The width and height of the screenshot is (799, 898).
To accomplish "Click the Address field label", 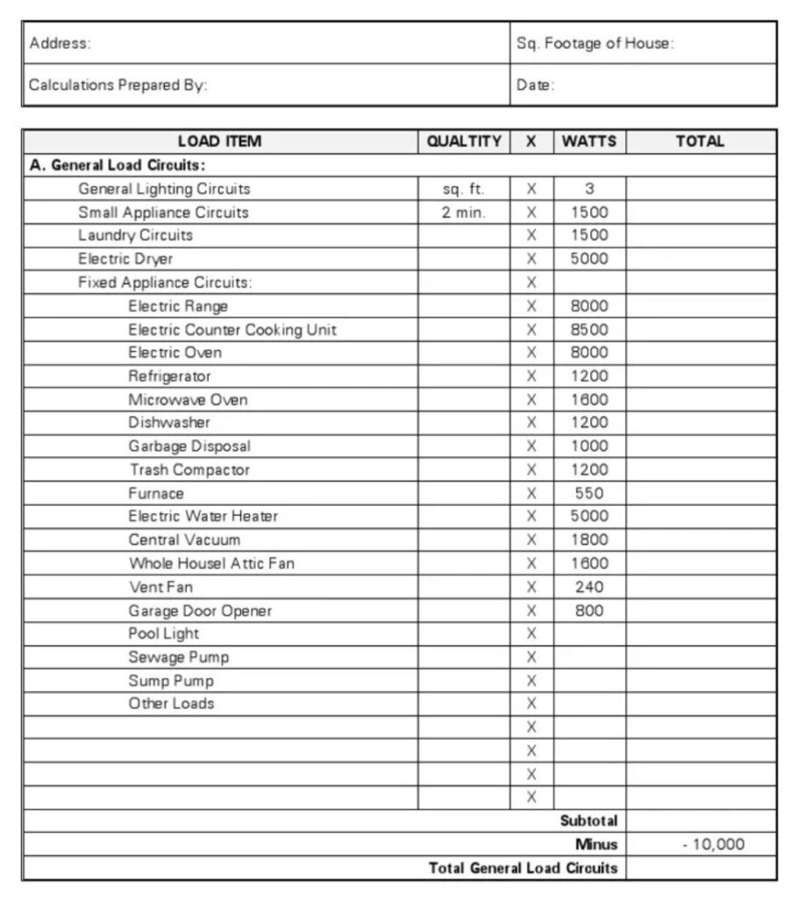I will pyautogui.click(x=60, y=43).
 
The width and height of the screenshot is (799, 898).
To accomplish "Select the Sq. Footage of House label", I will pyautogui.click(x=595, y=43).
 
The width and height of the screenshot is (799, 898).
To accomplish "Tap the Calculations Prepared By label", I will pyautogui.click(x=118, y=85).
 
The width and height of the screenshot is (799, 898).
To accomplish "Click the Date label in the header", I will pyautogui.click(x=535, y=85).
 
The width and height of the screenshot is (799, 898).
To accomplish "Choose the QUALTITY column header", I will pyautogui.click(x=464, y=141).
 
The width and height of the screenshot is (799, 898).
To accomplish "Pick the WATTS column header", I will pyautogui.click(x=589, y=141).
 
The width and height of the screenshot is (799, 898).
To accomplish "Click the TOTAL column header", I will pyautogui.click(x=700, y=141).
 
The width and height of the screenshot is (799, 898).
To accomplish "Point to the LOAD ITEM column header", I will pyautogui.click(x=219, y=141).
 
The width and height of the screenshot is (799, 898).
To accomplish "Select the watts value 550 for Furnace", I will pyautogui.click(x=589, y=493).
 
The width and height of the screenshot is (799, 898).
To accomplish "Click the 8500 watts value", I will pyautogui.click(x=589, y=330).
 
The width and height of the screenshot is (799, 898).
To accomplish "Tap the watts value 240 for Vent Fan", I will pyautogui.click(x=589, y=587).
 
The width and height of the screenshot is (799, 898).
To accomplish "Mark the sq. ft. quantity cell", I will pyautogui.click(x=464, y=189).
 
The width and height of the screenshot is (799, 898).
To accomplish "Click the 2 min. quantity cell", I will pyautogui.click(x=464, y=212).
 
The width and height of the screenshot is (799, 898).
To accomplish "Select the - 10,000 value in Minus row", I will pyautogui.click(x=713, y=845).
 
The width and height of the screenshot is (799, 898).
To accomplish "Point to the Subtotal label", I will pyautogui.click(x=589, y=821).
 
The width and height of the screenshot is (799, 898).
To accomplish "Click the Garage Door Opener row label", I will pyautogui.click(x=200, y=610).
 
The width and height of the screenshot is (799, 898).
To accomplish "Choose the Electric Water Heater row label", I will pyautogui.click(x=203, y=517).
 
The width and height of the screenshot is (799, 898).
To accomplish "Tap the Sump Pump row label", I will pyautogui.click(x=171, y=681).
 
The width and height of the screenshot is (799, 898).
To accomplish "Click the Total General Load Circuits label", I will pyautogui.click(x=523, y=868).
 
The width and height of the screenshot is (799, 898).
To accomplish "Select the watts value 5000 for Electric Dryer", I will pyautogui.click(x=589, y=259).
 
